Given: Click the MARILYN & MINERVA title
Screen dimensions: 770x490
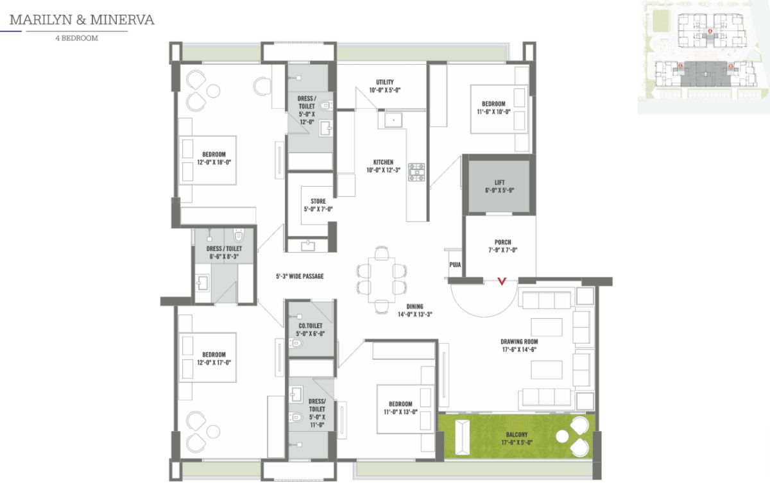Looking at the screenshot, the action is (x=82, y=20).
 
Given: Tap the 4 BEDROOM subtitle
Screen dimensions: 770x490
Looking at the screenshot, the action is (x=76, y=38).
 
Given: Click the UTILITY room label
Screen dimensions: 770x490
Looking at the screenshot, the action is (x=384, y=82).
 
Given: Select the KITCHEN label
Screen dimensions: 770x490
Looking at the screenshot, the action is (x=383, y=162).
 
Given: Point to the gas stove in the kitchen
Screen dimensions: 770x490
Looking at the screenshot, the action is (x=416, y=172).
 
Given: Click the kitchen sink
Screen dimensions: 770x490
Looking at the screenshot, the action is (x=393, y=120).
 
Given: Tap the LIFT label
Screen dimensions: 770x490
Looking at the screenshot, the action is (x=499, y=182).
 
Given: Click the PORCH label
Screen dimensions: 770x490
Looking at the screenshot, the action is (x=502, y=242).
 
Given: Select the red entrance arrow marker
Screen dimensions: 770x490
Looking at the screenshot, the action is (x=502, y=282).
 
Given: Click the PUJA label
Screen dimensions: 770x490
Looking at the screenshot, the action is (x=455, y=265).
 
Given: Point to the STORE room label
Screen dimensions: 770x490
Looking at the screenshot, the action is (x=318, y=201).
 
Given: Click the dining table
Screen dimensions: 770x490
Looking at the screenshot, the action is (x=381, y=280).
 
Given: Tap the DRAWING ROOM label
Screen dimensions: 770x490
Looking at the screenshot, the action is (x=519, y=342).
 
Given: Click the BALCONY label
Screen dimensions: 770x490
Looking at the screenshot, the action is (x=517, y=435).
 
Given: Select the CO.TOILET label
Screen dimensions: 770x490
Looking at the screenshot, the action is (x=311, y=326).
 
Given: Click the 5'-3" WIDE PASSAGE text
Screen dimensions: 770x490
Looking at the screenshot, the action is (x=300, y=276).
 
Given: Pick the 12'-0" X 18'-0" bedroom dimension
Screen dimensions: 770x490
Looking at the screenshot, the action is (x=214, y=162).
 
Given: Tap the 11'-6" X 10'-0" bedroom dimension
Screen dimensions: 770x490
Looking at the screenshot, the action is (x=493, y=112).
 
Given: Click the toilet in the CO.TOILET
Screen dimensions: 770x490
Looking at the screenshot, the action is (x=296, y=343).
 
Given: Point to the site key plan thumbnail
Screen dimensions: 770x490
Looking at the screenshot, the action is (x=704, y=57).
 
